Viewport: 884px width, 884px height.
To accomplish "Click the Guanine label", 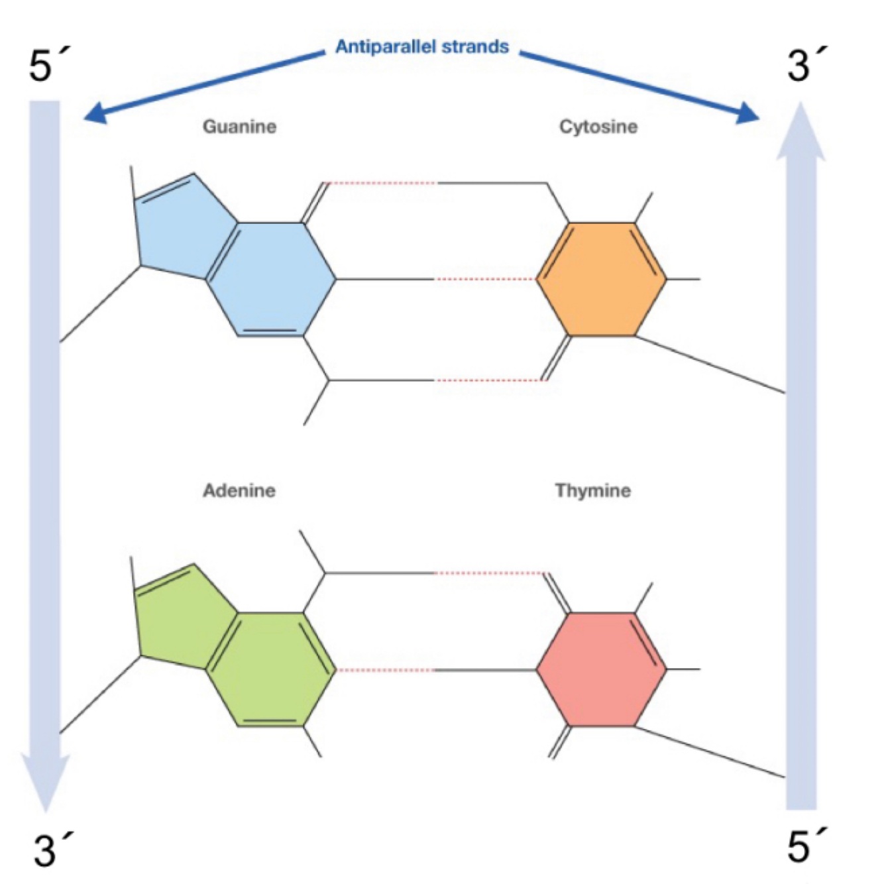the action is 239,127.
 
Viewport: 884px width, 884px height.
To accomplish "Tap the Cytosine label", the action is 598,127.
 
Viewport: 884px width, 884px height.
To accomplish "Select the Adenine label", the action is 239,490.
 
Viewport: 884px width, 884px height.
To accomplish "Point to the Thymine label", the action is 593,490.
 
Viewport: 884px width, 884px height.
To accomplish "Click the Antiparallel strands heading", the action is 422,47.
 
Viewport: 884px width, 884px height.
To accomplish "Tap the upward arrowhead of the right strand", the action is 801,133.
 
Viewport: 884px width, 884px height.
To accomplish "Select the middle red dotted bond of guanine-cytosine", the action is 485,280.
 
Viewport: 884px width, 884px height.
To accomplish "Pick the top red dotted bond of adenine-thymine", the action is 490,573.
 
